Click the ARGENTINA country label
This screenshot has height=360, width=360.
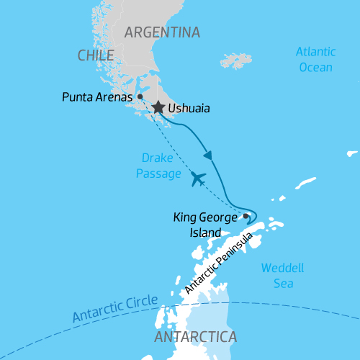click(x=161, y=32)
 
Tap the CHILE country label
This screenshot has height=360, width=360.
click(x=96, y=55)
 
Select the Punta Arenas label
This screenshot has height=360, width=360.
click(x=97, y=96)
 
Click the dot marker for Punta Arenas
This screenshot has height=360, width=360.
click(x=140, y=96)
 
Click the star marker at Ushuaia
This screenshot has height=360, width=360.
click(x=158, y=108)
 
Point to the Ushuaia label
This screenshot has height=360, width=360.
click(x=189, y=109)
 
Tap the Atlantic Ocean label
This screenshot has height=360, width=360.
click(x=315, y=60)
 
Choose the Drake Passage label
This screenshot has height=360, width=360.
click(x=157, y=165)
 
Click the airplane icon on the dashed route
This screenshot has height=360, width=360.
click(x=198, y=178)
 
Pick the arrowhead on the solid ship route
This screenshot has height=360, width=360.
click(x=208, y=155)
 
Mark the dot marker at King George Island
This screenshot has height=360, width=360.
click(x=246, y=215)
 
